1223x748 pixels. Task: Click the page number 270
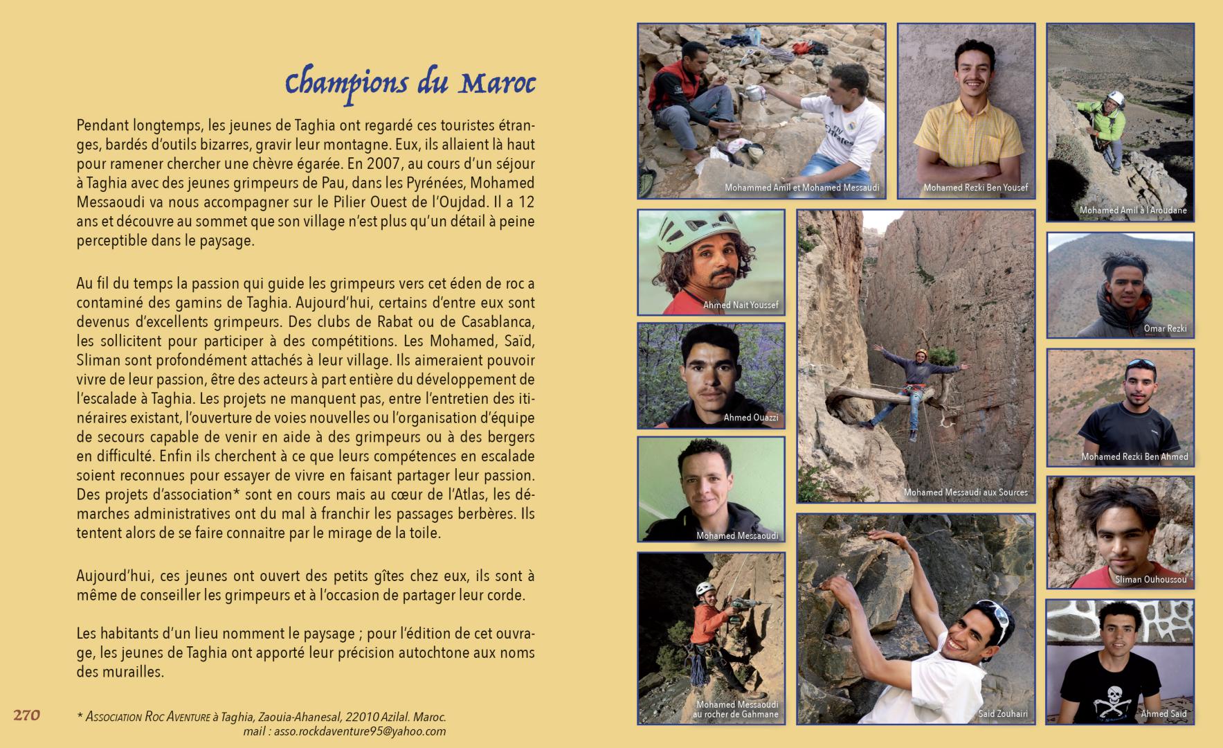click(x=27, y=715)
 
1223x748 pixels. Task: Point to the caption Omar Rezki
click(x=1165, y=329)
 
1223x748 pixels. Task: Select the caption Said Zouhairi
click(x=1003, y=713)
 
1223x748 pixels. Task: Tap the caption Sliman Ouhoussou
click(x=1150, y=580)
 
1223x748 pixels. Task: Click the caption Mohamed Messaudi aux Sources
click(x=966, y=492)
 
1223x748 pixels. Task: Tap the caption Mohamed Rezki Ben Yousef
click(x=975, y=188)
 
